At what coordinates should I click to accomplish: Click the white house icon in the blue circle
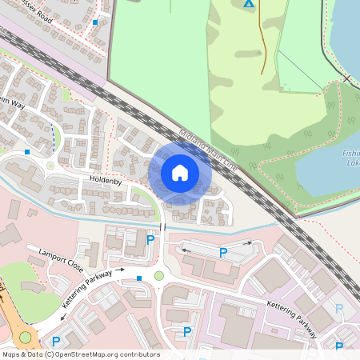point(180,173)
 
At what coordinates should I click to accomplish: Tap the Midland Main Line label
point(209,149)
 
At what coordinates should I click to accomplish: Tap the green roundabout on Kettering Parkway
point(159,276)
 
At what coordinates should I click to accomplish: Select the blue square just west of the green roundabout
point(139,278)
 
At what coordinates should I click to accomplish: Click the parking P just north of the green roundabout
point(150,238)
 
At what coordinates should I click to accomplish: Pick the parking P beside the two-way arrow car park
point(223,253)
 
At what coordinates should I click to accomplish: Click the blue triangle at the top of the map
point(248,4)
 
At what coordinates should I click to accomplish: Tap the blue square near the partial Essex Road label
point(95,22)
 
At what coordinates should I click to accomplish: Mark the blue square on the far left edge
point(27,150)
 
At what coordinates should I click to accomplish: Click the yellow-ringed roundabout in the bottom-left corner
point(25,338)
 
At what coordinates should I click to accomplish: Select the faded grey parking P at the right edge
point(339,308)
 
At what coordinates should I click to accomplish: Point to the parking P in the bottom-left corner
point(56,342)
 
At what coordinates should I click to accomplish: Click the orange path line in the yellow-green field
point(262,48)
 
